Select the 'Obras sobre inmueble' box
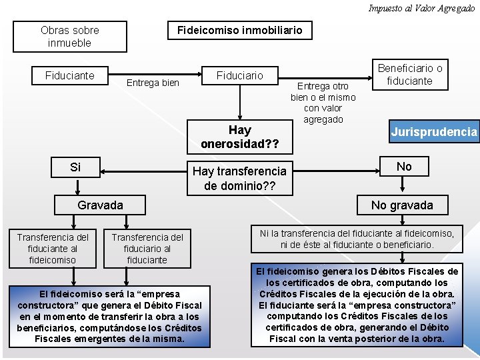(70, 37)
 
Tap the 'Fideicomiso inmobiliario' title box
(239, 30)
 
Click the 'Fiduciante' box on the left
(70, 75)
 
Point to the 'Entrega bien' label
(153, 83)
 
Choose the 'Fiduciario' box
(239, 76)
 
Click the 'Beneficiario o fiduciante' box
(410, 75)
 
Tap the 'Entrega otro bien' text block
(323, 103)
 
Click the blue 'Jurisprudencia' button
(434, 132)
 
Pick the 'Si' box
(75, 167)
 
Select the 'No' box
(404, 167)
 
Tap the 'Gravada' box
(100, 205)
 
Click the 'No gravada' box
(401, 205)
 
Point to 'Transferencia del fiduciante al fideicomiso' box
(53, 248)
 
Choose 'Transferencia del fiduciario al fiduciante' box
(147, 248)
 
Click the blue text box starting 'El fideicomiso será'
(110, 316)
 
